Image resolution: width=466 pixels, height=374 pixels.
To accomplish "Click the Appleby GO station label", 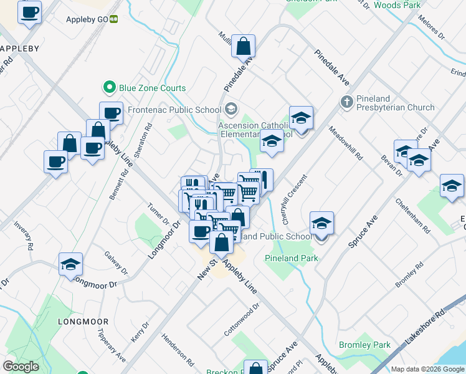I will pos(87,19).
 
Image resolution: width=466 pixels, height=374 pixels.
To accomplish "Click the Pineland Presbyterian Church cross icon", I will pos(346,101).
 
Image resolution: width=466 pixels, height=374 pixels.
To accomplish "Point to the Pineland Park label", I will pos(291,258).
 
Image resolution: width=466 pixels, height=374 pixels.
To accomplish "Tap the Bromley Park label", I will pos(364,345).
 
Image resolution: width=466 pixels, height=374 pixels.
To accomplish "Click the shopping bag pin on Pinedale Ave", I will pos(243,46).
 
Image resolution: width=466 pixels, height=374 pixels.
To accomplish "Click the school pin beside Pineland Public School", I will pos(321,223).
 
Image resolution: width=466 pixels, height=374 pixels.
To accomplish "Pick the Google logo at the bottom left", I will pos(21,367).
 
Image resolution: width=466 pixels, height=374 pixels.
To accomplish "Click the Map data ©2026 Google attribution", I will pos(427,369).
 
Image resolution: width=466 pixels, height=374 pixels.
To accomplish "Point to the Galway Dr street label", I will pos(116,264).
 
